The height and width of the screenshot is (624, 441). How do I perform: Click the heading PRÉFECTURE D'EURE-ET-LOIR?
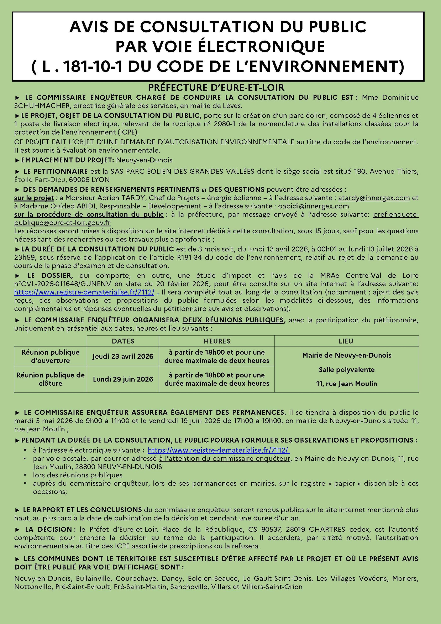tap(216, 88)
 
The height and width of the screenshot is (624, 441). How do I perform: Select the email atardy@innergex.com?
tap(374, 198)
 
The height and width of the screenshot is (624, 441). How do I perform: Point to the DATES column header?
tap(123, 341)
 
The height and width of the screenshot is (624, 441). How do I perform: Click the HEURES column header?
tap(217, 341)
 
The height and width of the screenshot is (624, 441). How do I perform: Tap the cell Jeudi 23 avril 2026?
tap(123, 356)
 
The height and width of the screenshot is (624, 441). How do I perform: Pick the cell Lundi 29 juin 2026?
tap(123, 379)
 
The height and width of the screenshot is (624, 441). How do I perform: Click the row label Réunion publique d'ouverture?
tap(51, 356)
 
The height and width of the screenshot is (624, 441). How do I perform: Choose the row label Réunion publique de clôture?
tap(51, 379)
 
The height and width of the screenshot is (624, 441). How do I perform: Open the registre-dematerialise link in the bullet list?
tap(219, 450)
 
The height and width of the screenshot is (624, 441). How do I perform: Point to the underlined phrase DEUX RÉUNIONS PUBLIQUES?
tap(233, 320)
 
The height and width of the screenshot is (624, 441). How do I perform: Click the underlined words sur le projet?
tap(34, 198)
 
